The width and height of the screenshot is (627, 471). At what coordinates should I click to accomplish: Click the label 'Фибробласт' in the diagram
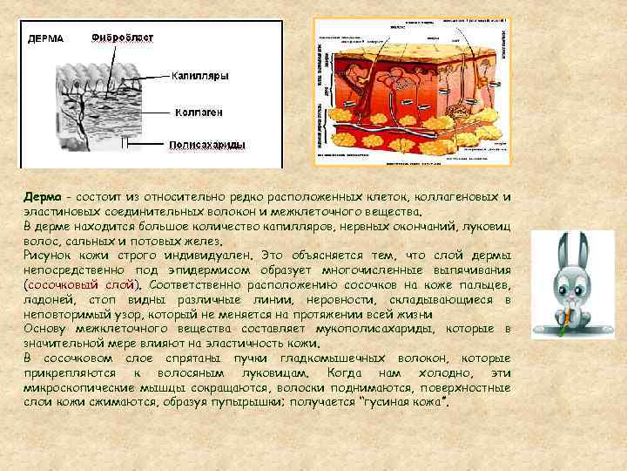coord(124,38)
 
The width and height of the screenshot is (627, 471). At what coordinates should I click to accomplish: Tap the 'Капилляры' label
coord(199,76)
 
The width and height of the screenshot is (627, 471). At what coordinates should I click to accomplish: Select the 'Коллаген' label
coord(199,112)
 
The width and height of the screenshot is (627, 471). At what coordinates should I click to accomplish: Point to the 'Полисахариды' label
coord(206,145)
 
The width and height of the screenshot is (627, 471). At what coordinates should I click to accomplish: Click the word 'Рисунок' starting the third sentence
coord(50,256)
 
